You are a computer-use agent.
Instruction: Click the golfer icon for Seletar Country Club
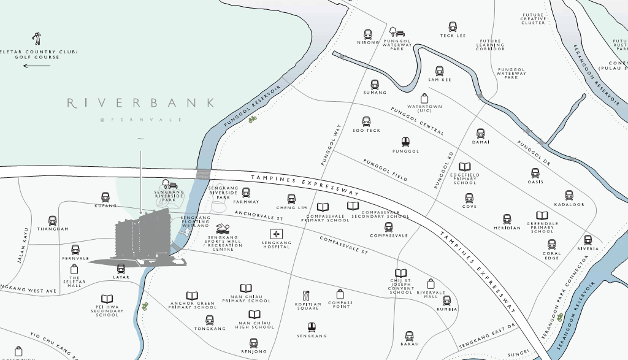tap(37, 39)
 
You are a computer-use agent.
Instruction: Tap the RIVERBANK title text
tap(141, 103)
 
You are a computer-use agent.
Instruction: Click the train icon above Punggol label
tap(405, 142)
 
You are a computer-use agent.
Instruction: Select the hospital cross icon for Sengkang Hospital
tap(276, 234)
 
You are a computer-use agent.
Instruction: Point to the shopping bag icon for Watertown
tap(424, 98)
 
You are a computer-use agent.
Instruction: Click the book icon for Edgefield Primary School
tap(465, 167)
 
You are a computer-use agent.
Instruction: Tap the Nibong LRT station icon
tap(368, 34)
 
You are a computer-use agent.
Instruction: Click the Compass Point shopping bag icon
tap(340, 294)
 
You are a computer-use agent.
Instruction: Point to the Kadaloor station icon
tap(569, 195)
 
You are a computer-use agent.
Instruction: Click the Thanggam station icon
tap(53, 220)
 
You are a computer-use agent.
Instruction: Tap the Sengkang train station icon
tap(312, 327)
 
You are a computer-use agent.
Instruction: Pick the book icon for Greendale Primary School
tap(542, 215)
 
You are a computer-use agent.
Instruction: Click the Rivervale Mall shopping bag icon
tap(431, 284)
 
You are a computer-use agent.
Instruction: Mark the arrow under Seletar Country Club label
tap(37, 66)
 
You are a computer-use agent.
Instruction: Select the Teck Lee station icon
tap(453, 27)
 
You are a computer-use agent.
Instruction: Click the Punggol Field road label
tap(385, 170)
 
